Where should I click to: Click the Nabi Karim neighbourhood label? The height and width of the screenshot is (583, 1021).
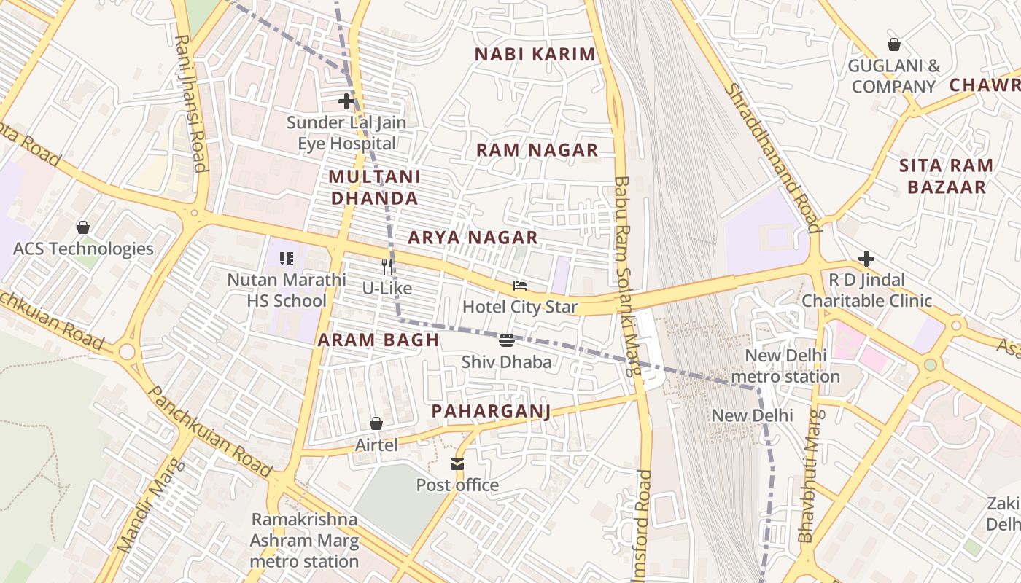click(x=535, y=55)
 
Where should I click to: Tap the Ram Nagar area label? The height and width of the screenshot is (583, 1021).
click(x=537, y=150)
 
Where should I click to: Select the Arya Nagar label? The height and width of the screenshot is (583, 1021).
click(x=473, y=238)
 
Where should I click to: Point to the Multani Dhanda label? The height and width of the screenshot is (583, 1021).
click(x=374, y=187)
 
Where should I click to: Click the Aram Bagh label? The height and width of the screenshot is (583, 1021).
click(x=378, y=340)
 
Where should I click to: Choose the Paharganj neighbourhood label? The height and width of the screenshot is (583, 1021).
click(x=490, y=411)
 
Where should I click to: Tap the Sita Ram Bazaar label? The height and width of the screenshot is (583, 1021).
click(x=946, y=176)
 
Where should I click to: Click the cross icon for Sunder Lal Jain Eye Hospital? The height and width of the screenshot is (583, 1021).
click(x=346, y=101)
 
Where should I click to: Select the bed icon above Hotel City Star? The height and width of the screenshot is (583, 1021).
click(x=519, y=286)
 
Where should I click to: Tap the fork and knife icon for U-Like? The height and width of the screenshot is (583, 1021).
click(x=387, y=267)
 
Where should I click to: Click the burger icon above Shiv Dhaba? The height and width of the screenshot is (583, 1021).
click(x=507, y=340)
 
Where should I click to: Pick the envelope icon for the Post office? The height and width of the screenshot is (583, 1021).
click(x=457, y=464)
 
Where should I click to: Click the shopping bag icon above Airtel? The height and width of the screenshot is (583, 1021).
click(x=376, y=423)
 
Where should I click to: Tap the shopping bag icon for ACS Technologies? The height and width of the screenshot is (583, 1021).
click(x=83, y=227)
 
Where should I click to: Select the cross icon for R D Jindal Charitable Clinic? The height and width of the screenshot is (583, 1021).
click(x=866, y=259)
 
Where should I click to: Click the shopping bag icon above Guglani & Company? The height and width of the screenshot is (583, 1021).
click(x=893, y=44)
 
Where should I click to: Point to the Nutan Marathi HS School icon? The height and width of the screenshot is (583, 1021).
click(x=286, y=258)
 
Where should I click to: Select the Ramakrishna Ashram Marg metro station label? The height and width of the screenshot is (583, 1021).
click(x=304, y=540)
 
